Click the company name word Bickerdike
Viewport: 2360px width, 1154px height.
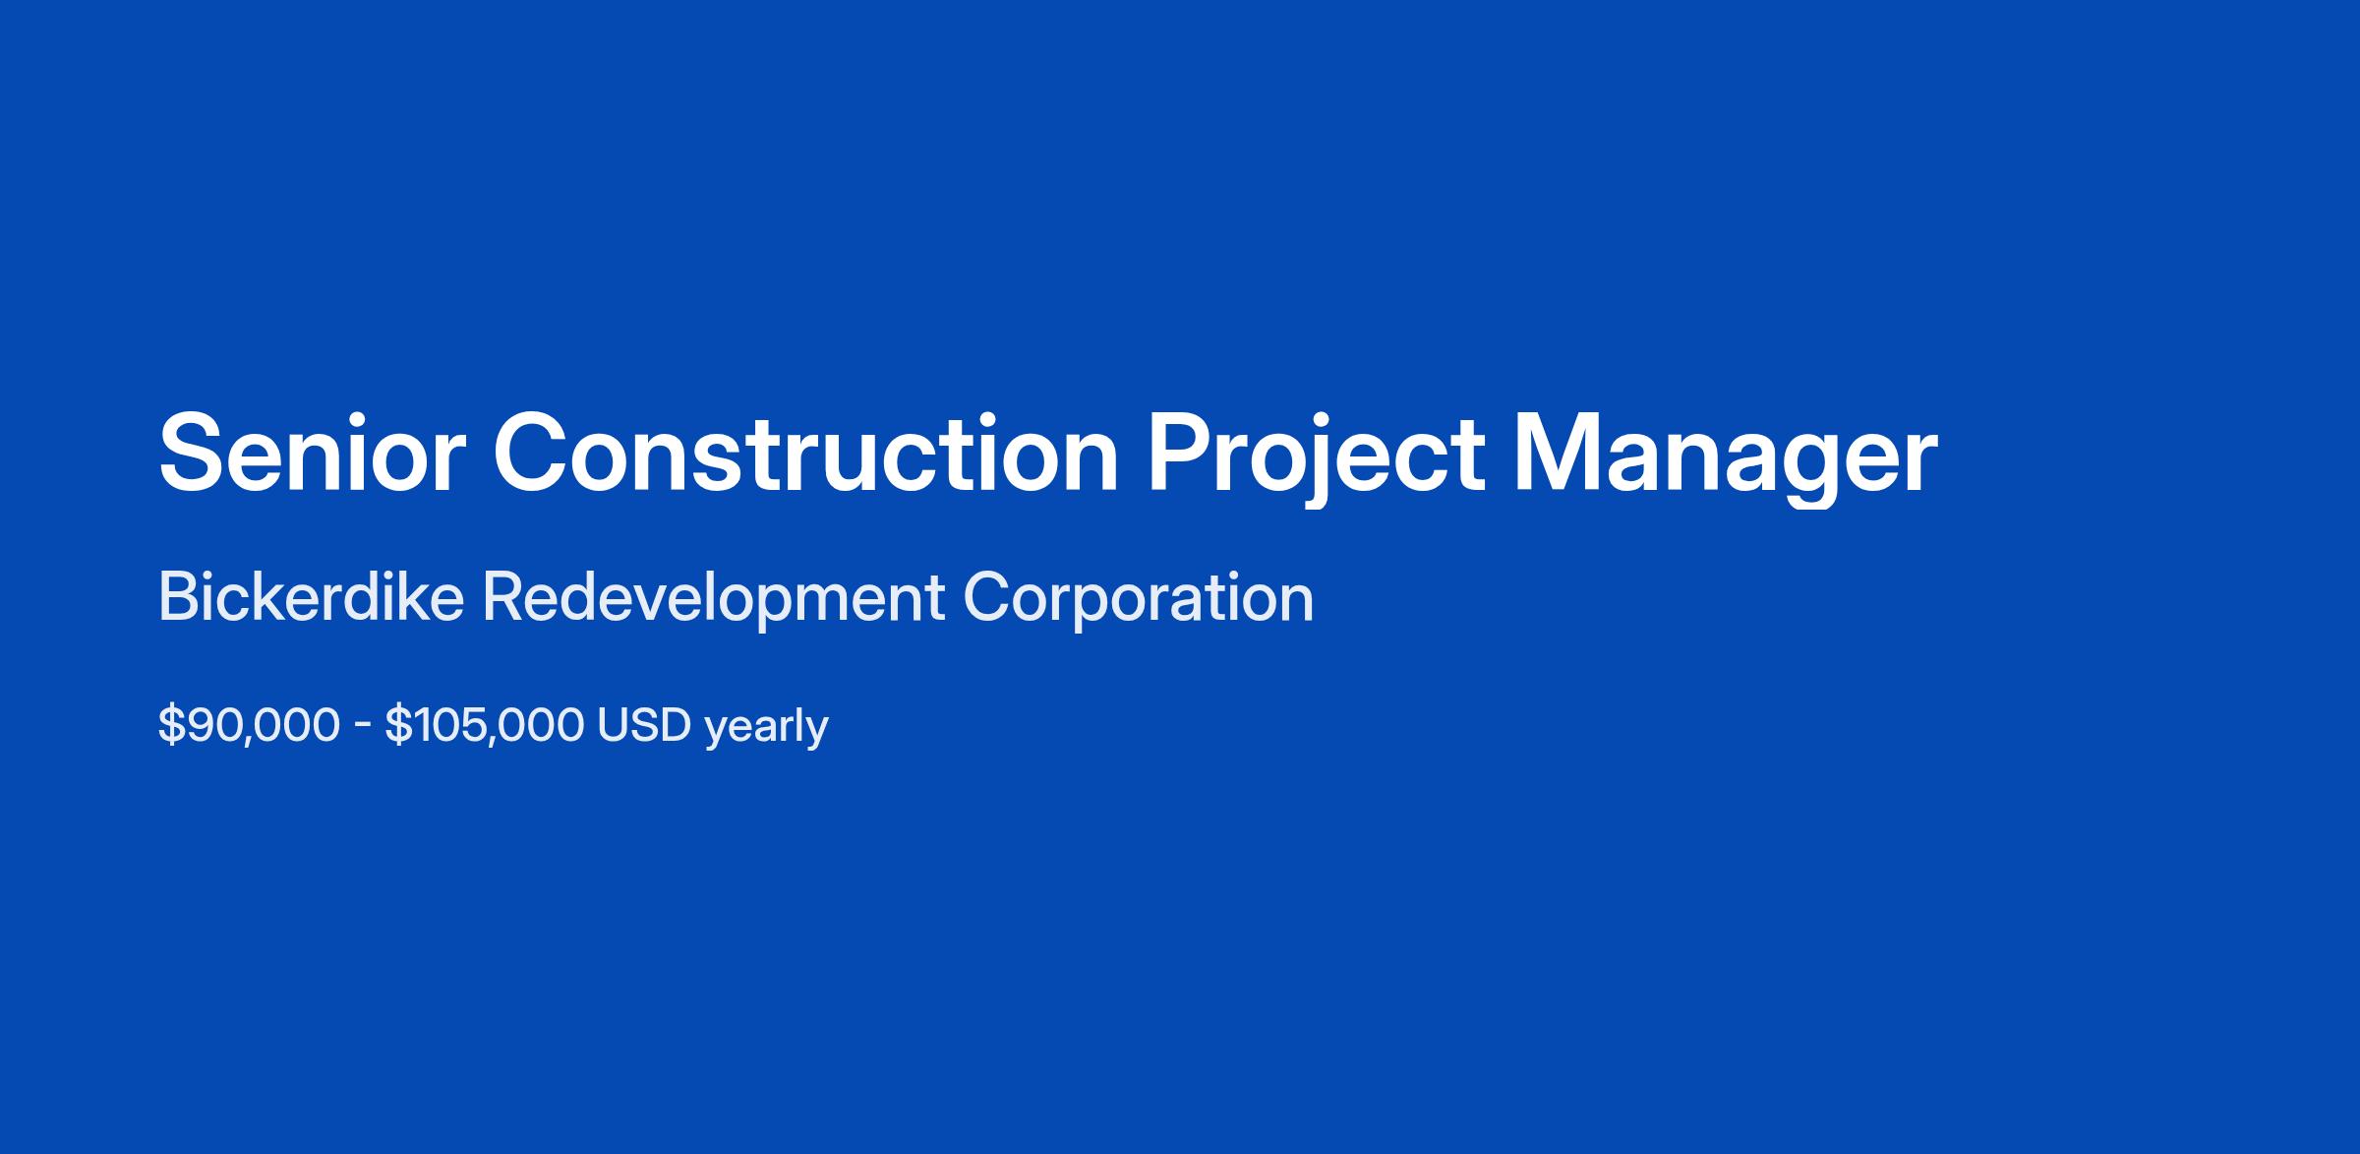tap(311, 597)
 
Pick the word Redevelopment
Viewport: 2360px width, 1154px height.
tap(714, 601)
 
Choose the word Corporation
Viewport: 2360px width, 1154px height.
tap(1139, 601)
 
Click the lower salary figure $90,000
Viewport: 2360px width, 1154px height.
tap(249, 725)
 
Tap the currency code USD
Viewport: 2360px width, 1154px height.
tap(644, 725)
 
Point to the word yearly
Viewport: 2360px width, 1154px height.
tap(767, 729)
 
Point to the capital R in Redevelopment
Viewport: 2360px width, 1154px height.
tap(502, 597)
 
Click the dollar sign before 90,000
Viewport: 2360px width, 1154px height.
tap(171, 725)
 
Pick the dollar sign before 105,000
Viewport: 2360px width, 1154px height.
tap(398, 725)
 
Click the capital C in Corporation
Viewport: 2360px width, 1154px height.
tap(987, 597)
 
